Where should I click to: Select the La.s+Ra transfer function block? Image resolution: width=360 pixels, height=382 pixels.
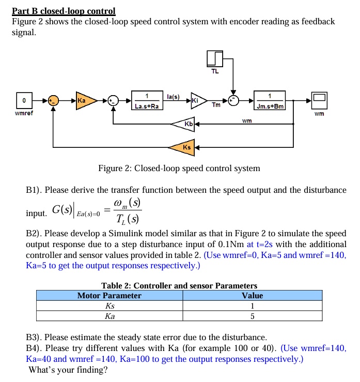(147, 101)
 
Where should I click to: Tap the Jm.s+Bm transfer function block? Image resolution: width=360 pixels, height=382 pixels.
(270, 101)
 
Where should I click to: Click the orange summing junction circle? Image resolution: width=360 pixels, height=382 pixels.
(53, 100)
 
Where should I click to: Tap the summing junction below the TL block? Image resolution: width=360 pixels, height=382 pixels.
(234, 100)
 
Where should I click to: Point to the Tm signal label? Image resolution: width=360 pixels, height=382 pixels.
(216, 105)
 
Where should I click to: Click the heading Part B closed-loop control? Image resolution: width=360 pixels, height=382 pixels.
(64, 11)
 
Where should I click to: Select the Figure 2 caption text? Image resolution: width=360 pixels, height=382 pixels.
(179, 169)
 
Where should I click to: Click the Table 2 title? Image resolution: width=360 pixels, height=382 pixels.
(179, 285)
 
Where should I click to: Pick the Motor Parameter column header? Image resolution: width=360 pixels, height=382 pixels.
(109, 296)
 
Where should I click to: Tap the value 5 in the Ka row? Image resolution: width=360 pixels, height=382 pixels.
(252, 316)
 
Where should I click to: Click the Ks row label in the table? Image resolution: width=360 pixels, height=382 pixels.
(109, 306)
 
